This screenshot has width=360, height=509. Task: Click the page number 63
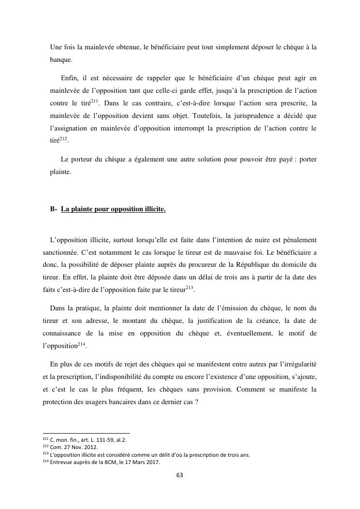(x=180, y=475)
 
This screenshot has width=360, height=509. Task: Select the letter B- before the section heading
(x=54, y=209)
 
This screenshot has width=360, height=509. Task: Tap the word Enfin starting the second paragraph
(x=71, y=77)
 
